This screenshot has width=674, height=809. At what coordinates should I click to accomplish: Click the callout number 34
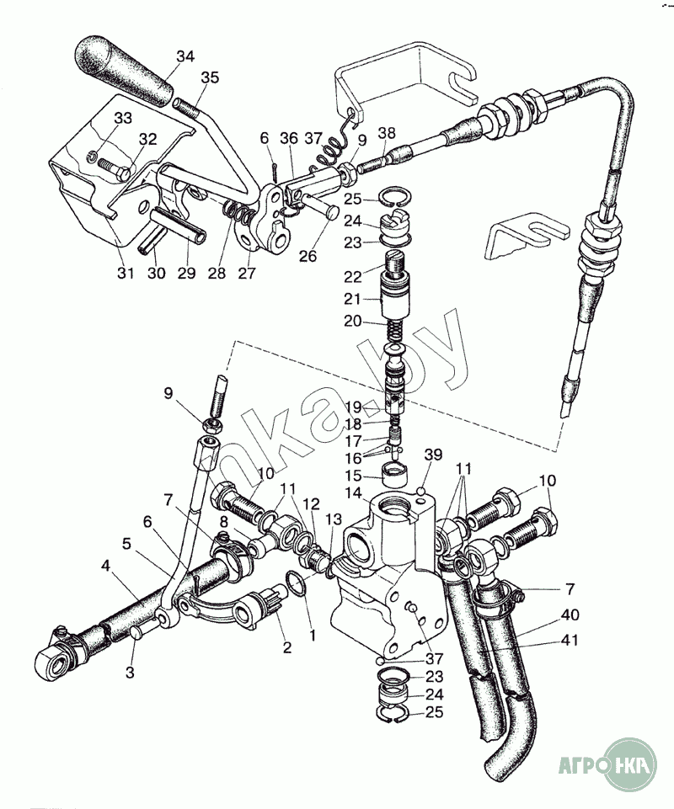click(x=185, y=56)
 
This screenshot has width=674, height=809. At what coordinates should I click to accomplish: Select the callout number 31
click(x=125, y=273)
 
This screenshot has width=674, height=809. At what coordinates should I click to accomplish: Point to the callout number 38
click(x=387, y=132)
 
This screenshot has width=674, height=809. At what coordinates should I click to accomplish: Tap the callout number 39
click(x=433, y=455)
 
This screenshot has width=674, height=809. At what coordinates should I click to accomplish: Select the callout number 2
click(x=286, y=647)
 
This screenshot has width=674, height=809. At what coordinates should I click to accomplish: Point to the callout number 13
click(x=334, y=519)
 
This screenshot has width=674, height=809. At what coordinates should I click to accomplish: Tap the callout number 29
click(x=185, y=273)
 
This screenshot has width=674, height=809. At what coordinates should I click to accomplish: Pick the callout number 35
click(x=209, y=78)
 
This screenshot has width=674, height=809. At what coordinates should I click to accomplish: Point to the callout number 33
click(x=124, y=118)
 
